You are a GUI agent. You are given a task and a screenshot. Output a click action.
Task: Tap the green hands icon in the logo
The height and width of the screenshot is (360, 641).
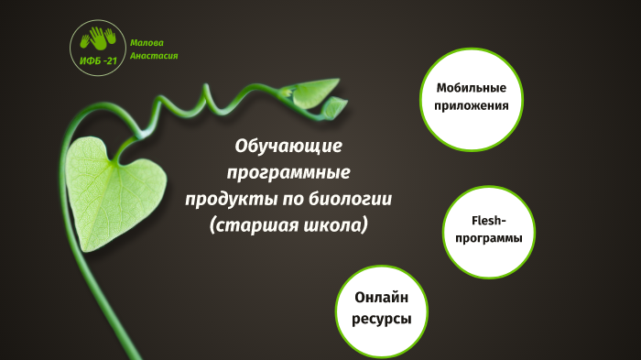pos(99,39)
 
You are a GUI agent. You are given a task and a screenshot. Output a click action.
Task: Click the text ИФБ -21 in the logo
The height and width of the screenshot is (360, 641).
pos(99,60)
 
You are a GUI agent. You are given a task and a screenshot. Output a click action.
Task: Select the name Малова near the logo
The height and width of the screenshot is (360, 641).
pos(147,42)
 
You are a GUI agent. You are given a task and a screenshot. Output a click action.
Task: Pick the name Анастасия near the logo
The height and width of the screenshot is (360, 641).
pos(154,55)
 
